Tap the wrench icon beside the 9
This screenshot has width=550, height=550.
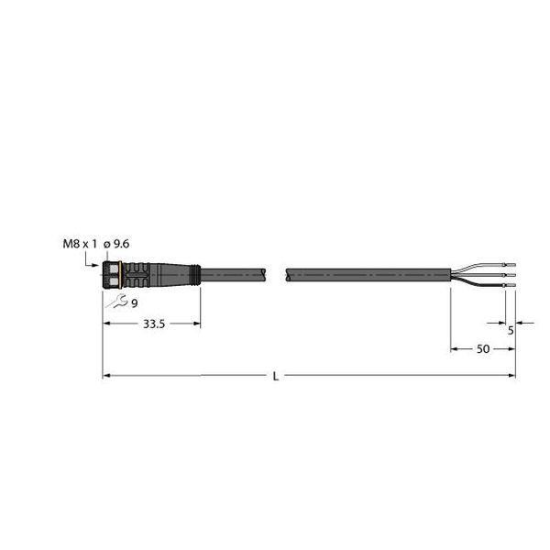coord(116,302)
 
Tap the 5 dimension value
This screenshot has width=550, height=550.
coord(511,331)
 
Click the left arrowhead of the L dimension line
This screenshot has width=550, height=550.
coord(105,374)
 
